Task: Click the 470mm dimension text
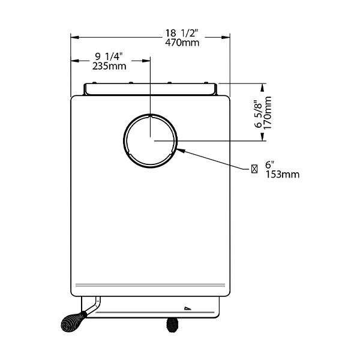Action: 182,43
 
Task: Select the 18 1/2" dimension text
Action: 181,33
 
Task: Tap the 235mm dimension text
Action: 109,66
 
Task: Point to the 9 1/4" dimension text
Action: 109,56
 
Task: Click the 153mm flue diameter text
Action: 283,175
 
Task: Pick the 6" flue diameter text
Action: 270,165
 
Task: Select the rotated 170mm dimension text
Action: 268,113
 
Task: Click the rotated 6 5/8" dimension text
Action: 258,114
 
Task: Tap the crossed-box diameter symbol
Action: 254,169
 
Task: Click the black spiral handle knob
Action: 73,322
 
